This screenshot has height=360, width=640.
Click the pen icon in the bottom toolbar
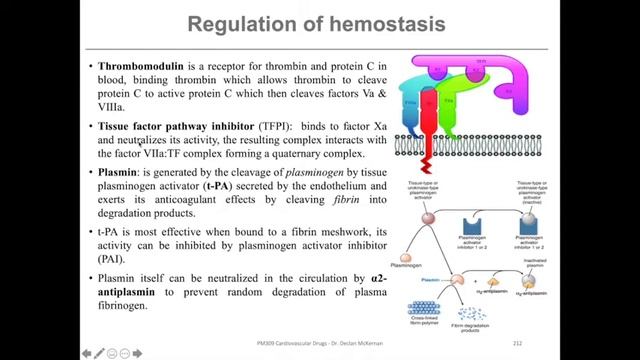click(100, 351)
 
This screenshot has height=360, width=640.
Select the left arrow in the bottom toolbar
click(86, 351)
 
